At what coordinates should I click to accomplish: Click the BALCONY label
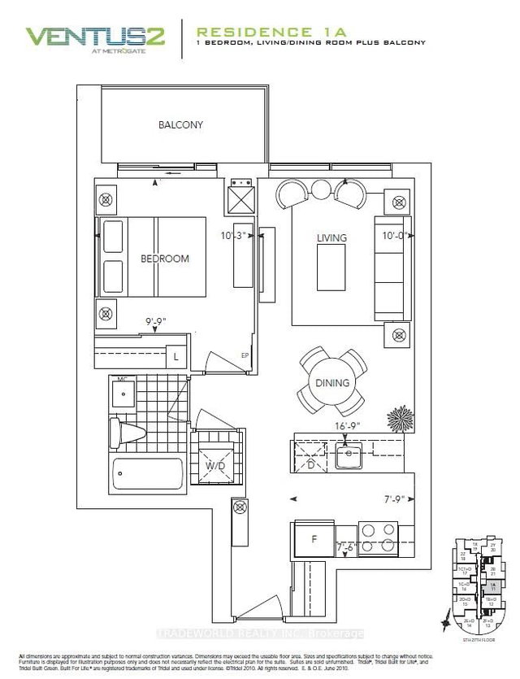(180, 125)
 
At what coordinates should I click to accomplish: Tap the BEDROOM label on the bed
(165, 259)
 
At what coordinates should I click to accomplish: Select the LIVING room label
(331, 237)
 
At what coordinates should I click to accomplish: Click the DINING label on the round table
(334, 383)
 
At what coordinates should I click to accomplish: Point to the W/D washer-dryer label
(215, 466)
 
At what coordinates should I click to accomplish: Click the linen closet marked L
(175, 355)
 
